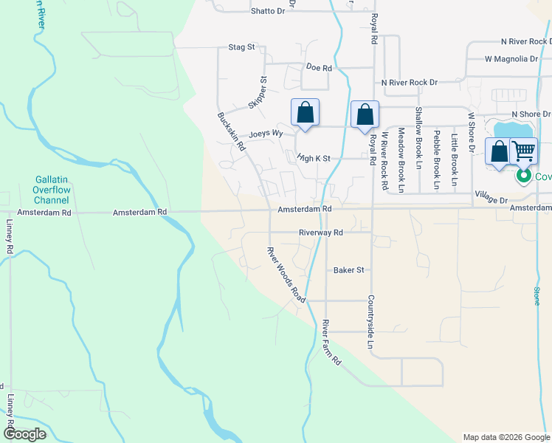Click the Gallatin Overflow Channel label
52,190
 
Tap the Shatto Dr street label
267,11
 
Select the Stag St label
241,47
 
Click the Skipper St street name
257,92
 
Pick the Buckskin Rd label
231,131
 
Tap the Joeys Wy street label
266,134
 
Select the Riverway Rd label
321,233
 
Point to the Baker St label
349,270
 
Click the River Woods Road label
286,274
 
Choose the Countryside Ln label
370,322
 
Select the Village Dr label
491,199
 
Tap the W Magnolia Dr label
511,58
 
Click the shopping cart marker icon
523,151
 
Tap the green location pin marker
523,176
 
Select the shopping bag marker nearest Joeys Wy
306,114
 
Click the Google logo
25,435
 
